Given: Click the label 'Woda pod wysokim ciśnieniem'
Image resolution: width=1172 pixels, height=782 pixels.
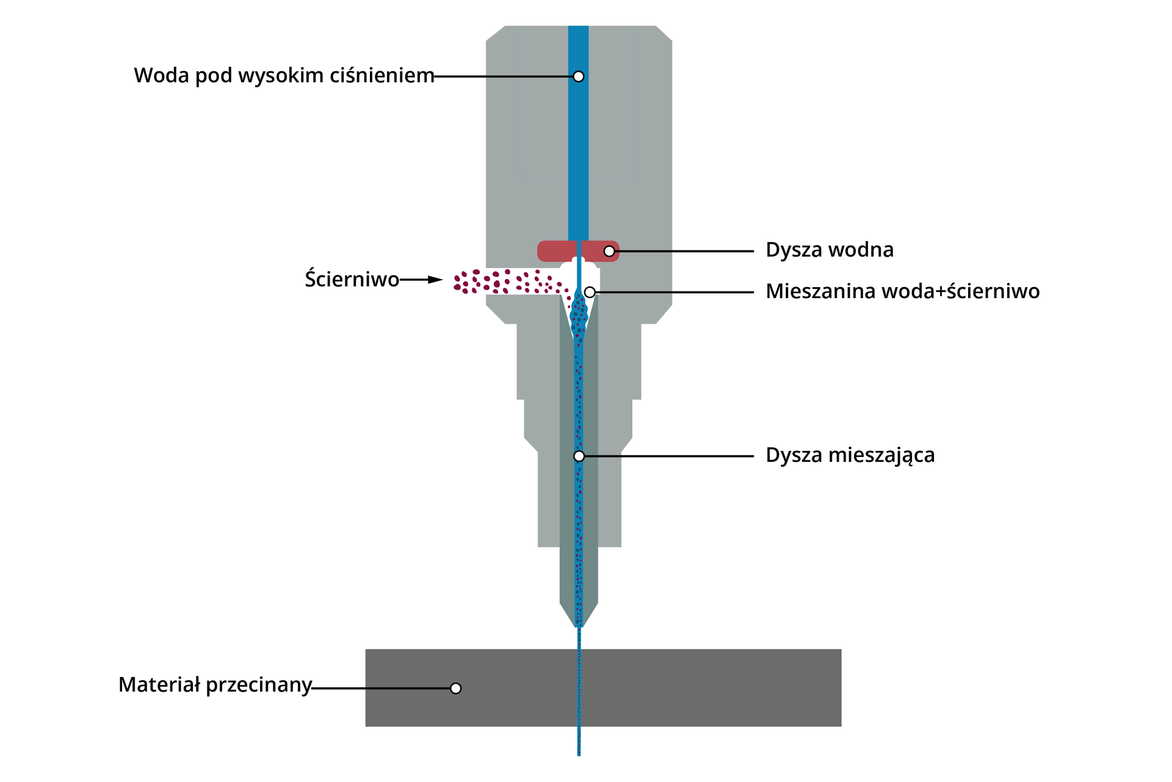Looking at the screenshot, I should [284, 76].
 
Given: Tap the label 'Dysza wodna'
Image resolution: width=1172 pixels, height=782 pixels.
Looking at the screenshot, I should [830, 250].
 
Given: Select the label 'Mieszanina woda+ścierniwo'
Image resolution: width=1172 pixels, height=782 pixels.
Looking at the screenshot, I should [902, 291].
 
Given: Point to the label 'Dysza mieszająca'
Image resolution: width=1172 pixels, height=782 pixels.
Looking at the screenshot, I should [850, 455].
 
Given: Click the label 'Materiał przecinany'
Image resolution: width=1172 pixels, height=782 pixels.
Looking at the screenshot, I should [215, 685].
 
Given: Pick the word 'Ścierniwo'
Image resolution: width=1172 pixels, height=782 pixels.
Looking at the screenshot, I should [352, 279].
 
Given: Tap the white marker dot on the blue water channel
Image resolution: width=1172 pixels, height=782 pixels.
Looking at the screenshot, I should [579, 76].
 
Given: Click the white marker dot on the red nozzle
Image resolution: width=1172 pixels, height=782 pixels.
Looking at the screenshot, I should [609, 251].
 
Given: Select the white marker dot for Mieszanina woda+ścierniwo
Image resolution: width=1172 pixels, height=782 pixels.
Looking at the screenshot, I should [590, 293].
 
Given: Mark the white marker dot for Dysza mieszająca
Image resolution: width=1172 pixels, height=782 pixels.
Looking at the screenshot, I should [579, 456].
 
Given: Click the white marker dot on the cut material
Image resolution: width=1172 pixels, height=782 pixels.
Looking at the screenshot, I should [455, 689].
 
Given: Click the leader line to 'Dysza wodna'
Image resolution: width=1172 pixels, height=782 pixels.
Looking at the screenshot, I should [684, 251].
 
